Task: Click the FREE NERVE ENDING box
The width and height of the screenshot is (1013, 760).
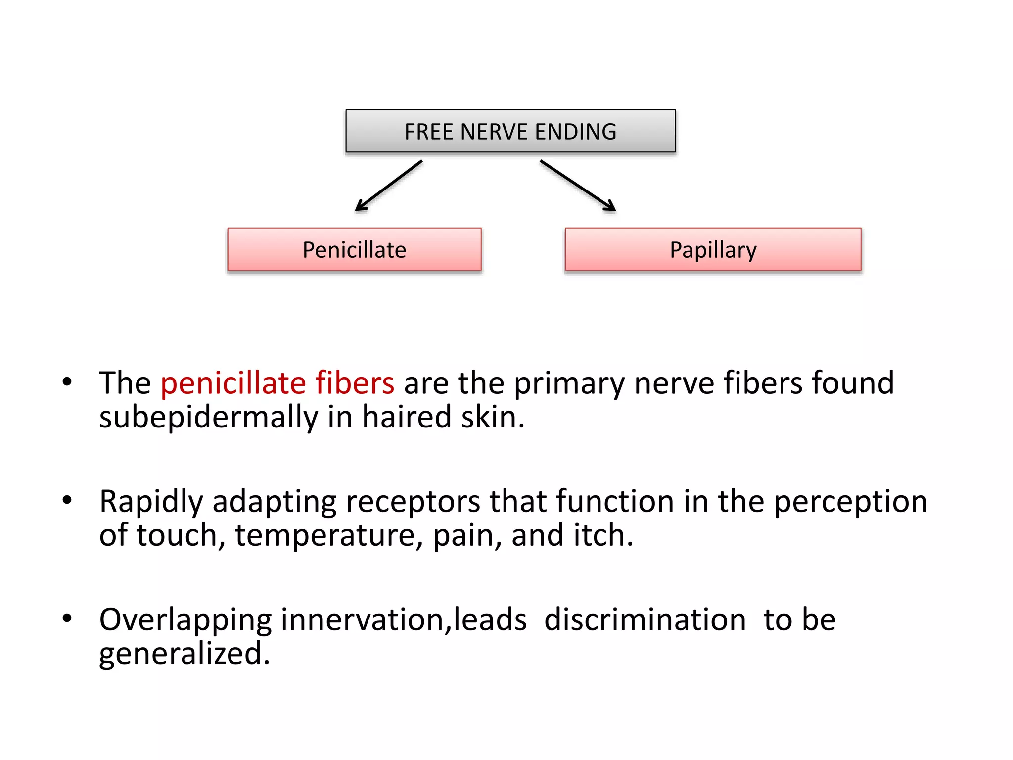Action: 510,131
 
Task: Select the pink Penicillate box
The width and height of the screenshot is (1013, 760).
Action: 354,249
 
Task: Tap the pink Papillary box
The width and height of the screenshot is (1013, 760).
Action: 713,249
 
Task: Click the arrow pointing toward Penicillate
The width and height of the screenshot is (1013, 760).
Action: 389,186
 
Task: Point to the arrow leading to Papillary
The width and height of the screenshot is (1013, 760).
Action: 578,186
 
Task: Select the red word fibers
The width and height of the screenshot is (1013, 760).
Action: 355,383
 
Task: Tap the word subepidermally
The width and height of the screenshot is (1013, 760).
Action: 208,417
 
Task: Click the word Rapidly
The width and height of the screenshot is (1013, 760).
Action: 151,502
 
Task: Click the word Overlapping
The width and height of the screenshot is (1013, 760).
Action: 185,620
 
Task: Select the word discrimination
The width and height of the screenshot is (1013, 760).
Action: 645,620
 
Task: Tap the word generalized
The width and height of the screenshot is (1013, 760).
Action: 184,654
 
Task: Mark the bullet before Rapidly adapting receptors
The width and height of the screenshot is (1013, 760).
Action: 67,500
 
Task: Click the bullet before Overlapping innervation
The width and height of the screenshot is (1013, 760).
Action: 67,618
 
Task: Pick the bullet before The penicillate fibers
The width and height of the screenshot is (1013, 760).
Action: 67,381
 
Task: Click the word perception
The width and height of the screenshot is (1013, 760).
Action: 850,502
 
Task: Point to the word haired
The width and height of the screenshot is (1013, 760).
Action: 407,417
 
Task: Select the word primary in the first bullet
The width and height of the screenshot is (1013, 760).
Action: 569,384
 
